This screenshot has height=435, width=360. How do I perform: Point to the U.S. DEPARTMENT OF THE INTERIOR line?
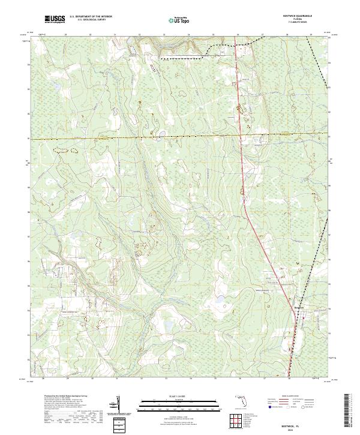[x=91, y=17]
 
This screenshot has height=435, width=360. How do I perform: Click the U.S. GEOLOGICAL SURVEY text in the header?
[x=91, y=20]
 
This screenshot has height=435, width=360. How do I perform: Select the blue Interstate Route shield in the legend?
[x=269, y=407]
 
